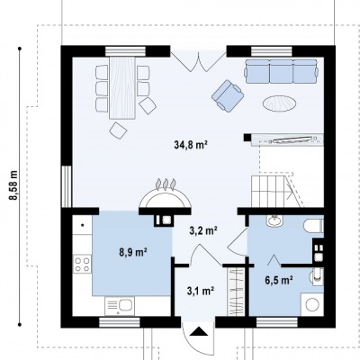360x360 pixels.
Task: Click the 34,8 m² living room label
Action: (191, 145)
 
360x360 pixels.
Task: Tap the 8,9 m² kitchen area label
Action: (132, 252)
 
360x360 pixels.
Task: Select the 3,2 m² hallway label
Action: (203, 230)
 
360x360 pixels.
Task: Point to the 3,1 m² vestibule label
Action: (201, 291)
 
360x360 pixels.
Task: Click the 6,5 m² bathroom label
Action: (279, 280)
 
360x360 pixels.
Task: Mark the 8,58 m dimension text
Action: (13, 185)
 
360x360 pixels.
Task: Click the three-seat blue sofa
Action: (281, 71)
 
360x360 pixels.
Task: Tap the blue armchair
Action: (228, 95)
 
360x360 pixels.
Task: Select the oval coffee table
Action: (279, 103)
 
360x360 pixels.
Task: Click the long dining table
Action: (122, 87)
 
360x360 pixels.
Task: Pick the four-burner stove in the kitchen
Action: (83, 264)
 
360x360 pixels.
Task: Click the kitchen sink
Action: (120, 306)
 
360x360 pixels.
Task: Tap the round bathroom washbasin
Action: (274, 220)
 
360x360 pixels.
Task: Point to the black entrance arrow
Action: (199, 331)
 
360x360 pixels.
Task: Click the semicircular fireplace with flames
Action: (166, 194)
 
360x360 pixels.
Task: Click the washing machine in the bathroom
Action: (312, 304)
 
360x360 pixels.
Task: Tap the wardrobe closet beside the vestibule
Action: (236, 292)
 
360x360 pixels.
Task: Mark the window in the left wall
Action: (67, 186)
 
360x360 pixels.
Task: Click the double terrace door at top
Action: (198, 61)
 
